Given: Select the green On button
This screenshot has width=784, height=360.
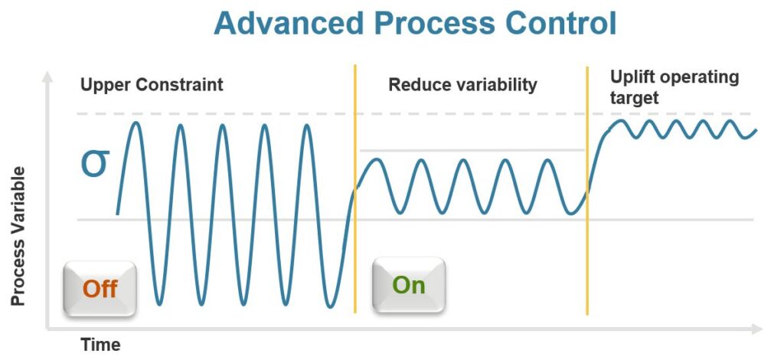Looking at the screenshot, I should [409, 285].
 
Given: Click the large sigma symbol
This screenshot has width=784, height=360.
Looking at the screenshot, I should [95, 163].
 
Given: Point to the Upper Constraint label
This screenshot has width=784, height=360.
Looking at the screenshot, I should [152, 84].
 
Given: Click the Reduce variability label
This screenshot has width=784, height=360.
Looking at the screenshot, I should [462, 84].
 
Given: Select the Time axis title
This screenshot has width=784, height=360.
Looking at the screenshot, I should [100, 345].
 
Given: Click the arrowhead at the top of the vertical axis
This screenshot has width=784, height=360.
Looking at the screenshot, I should [47, 77].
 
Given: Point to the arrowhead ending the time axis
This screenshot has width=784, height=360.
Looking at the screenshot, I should [757, 329].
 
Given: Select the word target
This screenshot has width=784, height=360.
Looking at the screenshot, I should [635, 98].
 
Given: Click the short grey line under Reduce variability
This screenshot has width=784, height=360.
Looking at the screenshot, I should [472, 150].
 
